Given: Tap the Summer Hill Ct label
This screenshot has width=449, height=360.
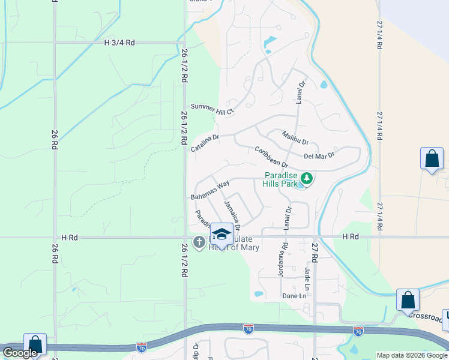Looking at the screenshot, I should point(212,107).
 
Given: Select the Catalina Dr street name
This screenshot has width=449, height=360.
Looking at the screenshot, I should point(205,142).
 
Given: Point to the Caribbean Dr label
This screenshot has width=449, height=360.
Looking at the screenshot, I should point(271,157).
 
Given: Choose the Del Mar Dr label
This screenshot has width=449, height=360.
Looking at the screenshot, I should point(319,155).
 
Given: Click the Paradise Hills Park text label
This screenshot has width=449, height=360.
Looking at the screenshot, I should point(282,179).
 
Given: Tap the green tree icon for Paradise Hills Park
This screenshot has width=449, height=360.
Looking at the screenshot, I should point(306,178).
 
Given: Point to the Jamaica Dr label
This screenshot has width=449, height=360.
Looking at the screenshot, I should point(232,215).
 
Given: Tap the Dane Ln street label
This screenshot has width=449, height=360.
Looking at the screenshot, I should point(294,296).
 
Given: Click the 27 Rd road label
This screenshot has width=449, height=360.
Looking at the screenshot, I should point(314,253).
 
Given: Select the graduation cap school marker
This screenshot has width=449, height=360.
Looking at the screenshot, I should point(221,233).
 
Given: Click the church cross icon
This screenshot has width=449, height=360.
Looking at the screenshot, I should point(199,242).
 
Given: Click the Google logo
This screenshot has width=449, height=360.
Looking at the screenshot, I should point(20,353).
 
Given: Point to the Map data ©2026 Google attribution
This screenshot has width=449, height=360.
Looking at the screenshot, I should point(412,355).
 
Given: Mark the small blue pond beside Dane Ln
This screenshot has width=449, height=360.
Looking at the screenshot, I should point(259,294).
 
